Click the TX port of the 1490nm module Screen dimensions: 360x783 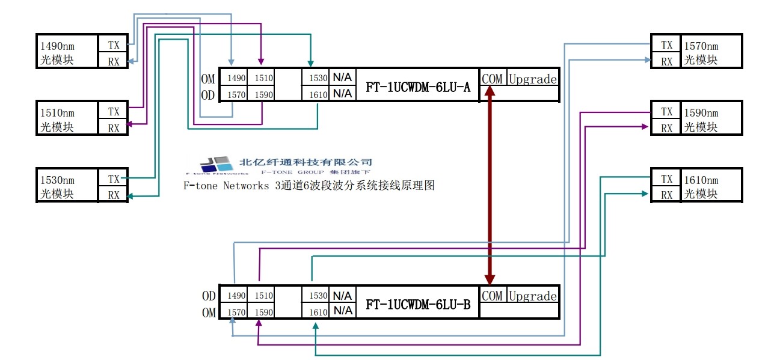(114, 45)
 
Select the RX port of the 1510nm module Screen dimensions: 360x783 (114, 127)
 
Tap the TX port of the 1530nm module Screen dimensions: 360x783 (114, 178)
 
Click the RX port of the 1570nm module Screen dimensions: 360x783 (666, 61)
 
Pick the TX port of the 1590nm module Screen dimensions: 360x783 (666, 112)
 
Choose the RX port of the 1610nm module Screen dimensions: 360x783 (666, 195)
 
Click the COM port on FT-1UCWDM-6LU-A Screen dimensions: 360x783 (492, 78)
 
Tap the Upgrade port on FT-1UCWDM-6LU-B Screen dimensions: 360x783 (533, 296)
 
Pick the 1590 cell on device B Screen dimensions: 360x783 (264, 313)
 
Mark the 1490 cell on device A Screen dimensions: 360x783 (236, 78)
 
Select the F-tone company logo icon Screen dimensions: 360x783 (216, 163)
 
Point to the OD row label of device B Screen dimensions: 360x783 (209, 296)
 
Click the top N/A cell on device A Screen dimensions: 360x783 (343, 78)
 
